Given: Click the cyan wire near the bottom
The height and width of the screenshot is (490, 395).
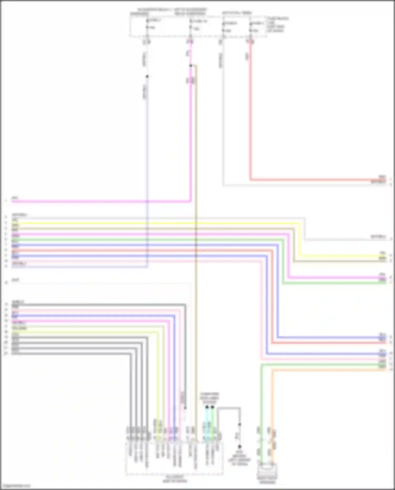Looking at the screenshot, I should pyautogui.click(x=207, y=424).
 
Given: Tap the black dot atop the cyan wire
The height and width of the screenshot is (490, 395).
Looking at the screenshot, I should pyautogui.click(x=207, y=407).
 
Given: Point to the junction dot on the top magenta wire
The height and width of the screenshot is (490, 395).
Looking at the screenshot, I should pyautogui.click(x=191, y=66).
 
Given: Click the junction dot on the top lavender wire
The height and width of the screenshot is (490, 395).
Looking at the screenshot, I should pyautogui.click(x=147, y=77).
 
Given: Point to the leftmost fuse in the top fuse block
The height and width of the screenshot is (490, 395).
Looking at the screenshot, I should pyautogui.click(x=147, y=24).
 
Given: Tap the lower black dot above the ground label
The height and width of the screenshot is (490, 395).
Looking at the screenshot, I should pyautogui.click(x=240, y=447).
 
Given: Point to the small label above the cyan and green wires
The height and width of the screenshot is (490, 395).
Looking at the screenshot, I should pyautogui.click(x=209, y=398).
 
